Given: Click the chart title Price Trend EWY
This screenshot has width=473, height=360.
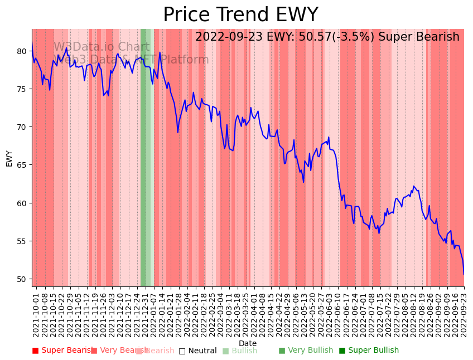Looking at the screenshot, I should (x=240, y=15).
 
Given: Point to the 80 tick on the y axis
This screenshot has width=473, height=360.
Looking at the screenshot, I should (x=22, y=51).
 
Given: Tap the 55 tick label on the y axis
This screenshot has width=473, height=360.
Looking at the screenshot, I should (x=22, y=241).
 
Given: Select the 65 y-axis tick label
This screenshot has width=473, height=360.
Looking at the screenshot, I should (x=22, y=166).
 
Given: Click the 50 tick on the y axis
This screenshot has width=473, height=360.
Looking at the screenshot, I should (x=22, y=279).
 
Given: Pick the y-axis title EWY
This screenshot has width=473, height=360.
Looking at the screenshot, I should (x=9, y=158).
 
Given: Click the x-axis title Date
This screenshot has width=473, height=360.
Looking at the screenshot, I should (x=248, y=343).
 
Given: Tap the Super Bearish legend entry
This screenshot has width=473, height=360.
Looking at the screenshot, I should (x=63, y=351).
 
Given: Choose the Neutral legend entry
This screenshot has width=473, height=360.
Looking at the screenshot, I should (x=198, y=351).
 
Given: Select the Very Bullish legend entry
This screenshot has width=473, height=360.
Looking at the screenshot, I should (x=306, y=351).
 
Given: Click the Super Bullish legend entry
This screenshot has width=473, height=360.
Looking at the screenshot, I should (x=369, y=351).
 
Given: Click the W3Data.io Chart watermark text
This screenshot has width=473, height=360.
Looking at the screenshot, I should (x=101, y=47).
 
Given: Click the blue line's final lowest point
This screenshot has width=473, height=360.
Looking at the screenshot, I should (x=464, y=274).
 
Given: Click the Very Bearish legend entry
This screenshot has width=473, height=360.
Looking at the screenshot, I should (x=119, y=351).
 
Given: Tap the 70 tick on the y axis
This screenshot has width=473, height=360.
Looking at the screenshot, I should (x=22, y=127).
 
